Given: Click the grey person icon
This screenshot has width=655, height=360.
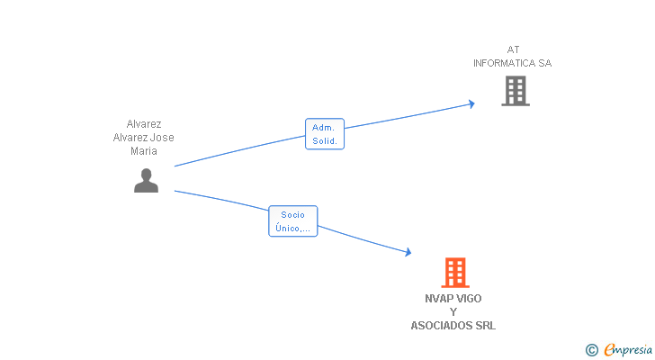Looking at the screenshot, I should pos(146,181).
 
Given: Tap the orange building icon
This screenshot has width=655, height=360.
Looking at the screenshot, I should pos(455,273).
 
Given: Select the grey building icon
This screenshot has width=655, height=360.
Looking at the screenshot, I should pos(515,91).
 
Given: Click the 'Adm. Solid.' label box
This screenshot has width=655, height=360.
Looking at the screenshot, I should pos(324,134).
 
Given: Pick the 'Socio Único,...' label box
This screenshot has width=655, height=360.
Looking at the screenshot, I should pos(292,221).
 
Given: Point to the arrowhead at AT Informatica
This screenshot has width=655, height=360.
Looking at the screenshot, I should pos(471,104).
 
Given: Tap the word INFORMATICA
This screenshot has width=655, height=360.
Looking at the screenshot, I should pos(506,64).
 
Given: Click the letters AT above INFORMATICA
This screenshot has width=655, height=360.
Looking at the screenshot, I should pos(513,49).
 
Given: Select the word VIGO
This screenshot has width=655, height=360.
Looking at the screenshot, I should pos(470,299).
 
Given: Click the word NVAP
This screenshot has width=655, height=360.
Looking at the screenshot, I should pos(440,299).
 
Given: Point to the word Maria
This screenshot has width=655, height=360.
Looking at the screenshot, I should pos(144,151).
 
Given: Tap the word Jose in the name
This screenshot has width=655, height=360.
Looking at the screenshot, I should pos(163,138).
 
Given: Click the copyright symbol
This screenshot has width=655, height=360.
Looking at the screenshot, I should pos(591,349).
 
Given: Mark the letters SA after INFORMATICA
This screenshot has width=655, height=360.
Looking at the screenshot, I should pos(545,64).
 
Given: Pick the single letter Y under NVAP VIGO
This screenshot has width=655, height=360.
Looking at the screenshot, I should pos(453,312).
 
